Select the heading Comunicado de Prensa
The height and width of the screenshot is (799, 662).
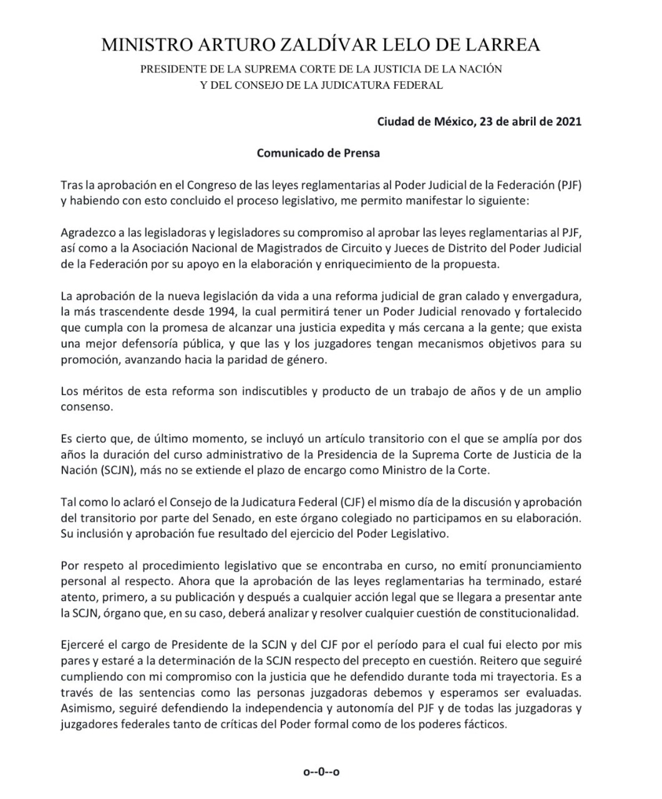[x=319, y=152]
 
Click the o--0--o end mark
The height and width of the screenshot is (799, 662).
[x=321, y=772]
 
